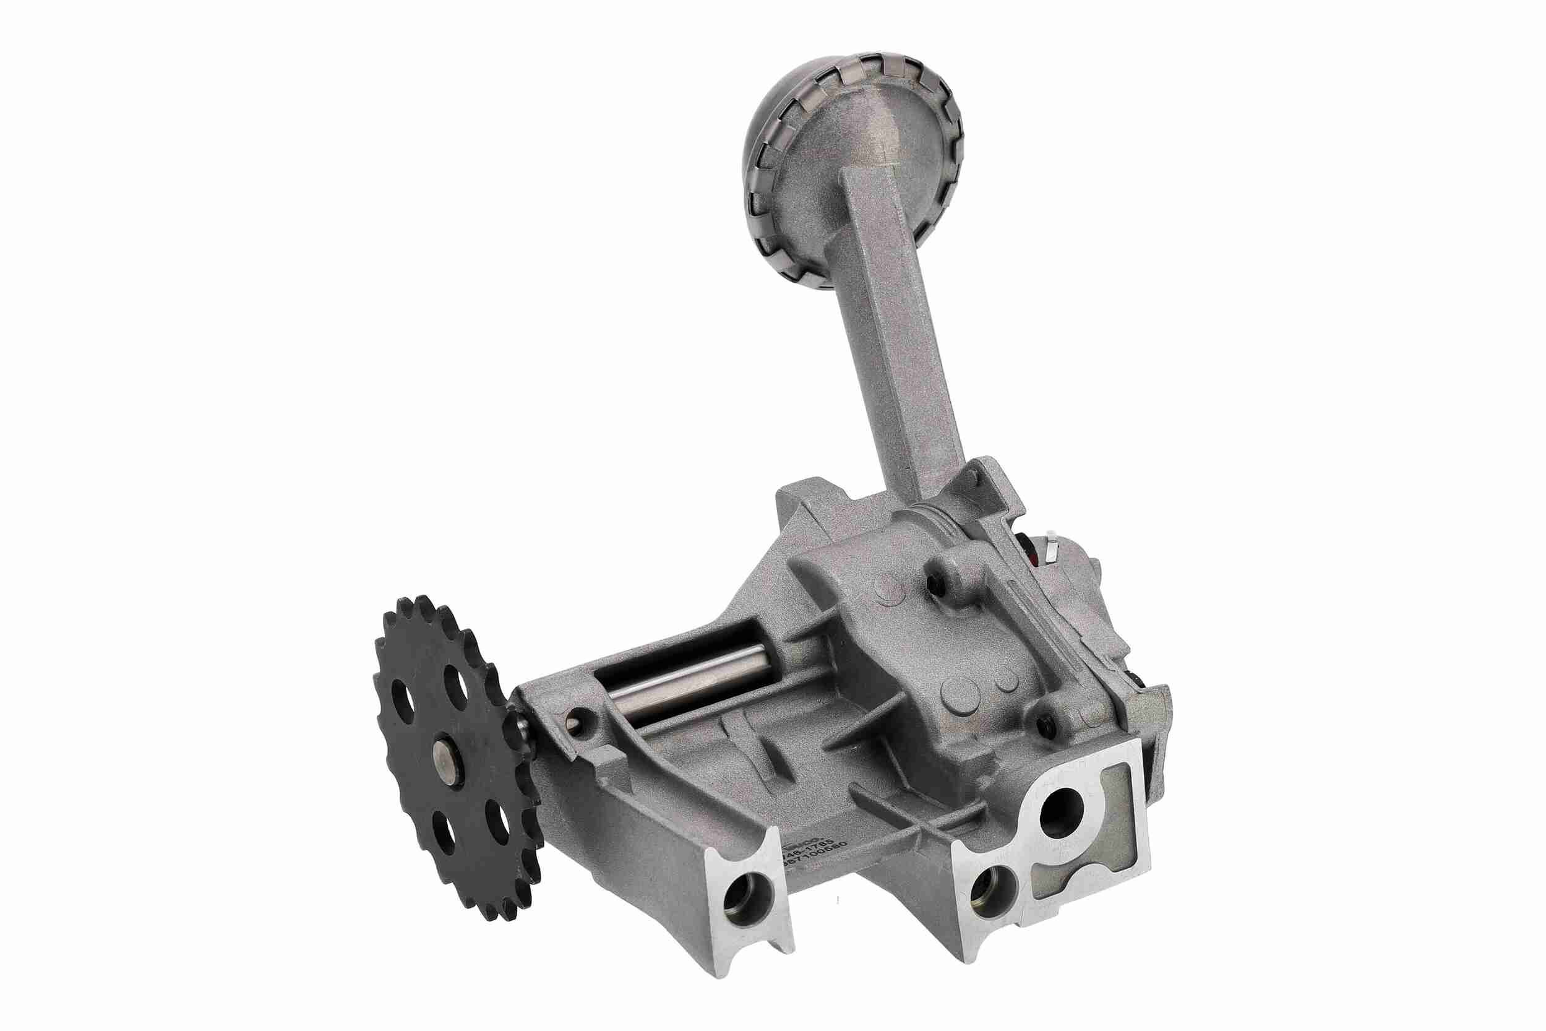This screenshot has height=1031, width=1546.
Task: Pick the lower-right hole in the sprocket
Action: (x=498, y=816)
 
